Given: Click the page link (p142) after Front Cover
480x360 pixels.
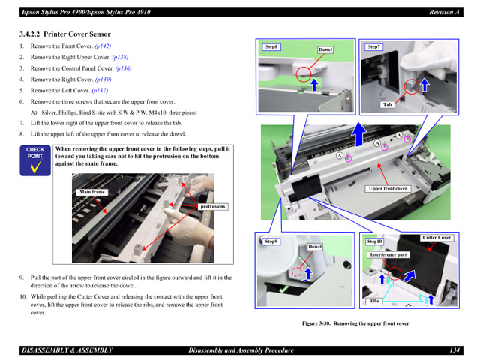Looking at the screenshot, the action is [x=103, y=46].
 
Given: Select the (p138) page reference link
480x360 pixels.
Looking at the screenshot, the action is [x=120, y=57].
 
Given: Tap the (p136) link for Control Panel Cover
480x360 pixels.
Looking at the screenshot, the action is [x=123, y=68].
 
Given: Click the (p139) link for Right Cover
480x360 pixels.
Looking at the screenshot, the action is [x=103, y=79].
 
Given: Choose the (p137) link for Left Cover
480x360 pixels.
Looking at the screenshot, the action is [x=100, y=90].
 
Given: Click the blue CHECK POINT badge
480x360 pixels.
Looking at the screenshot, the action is [x=35, y=160].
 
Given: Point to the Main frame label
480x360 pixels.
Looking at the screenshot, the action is [x=91, y=192].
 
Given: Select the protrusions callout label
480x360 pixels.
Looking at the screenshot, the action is [x=213, y=207].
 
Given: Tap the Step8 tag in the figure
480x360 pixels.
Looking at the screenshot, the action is [x=271, y=47].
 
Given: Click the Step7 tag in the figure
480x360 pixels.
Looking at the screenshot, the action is [x=373, y=47].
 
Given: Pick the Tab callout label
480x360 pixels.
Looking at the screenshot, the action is [x=387, y=104].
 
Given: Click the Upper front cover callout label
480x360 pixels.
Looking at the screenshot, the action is [x=388, y=188].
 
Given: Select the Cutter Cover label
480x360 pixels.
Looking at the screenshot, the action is [x=436, y=238].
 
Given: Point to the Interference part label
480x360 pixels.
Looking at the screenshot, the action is [x=388, y=255].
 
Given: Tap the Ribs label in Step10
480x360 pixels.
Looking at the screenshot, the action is [x=373, y=301].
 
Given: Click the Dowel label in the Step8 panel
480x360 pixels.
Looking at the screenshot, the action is [x=325, y=49].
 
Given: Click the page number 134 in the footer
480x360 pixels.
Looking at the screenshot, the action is [x=454, y=350].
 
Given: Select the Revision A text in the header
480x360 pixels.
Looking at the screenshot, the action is [x=444, y=12].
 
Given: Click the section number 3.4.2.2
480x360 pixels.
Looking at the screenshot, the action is [x=30, y=34].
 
